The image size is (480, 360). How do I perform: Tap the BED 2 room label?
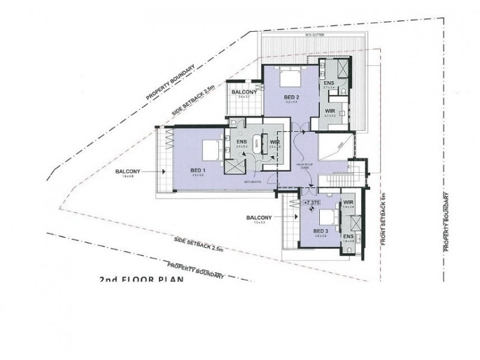pos(291,97)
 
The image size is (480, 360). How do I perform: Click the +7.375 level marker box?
pos(311,203)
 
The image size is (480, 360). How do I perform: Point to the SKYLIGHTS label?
pos(251,179)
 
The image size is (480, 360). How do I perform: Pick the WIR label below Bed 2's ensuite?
pos(329,110)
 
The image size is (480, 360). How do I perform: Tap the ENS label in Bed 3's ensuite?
pos(349,236)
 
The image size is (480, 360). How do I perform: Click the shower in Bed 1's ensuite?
pos(234,163)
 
